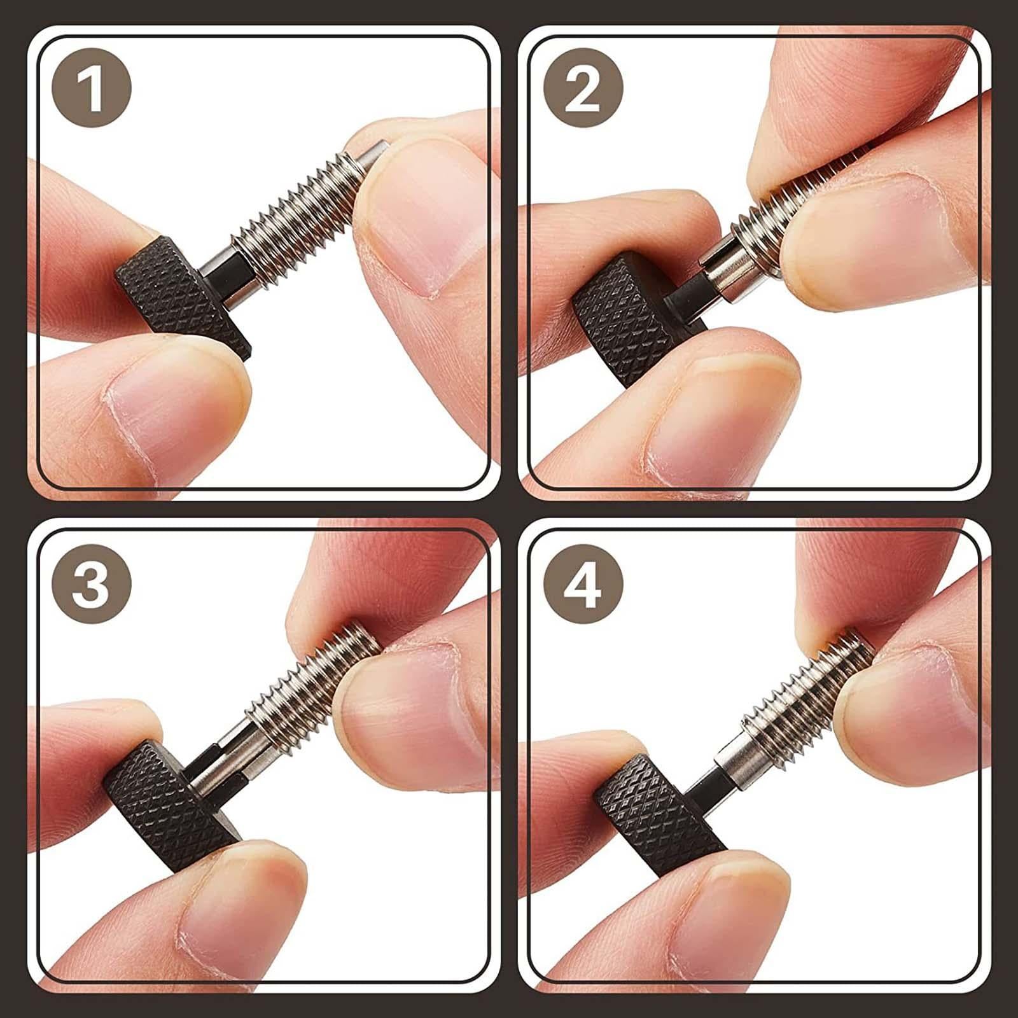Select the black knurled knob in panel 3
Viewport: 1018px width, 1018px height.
coord(169,805)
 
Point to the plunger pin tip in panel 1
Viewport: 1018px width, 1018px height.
coord(375,153)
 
